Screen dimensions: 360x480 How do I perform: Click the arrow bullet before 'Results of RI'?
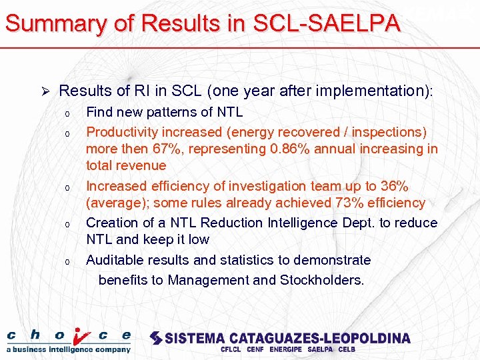coord(45,91)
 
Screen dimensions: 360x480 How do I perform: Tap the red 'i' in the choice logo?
coord(80,335)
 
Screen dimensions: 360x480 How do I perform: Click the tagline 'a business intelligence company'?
coord(69,349)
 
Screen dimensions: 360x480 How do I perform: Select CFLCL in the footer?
coord(231,349)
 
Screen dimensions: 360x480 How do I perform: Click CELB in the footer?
coord(347,349)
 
